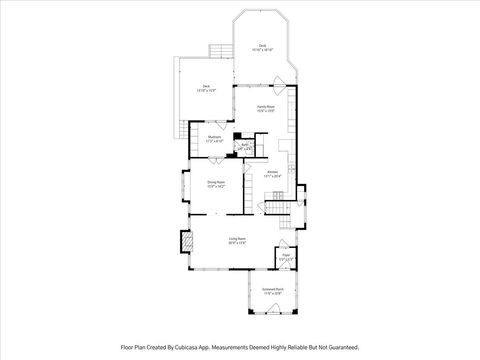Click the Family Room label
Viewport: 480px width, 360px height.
coord(265,107)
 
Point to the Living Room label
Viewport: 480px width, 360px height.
coord(237,239)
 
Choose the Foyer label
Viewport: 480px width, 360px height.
coord(285,256)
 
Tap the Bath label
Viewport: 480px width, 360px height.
coord(244,147)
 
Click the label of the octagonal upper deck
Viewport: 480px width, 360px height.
coord(262,46)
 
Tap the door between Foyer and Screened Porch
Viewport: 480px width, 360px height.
coord(284,271)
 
